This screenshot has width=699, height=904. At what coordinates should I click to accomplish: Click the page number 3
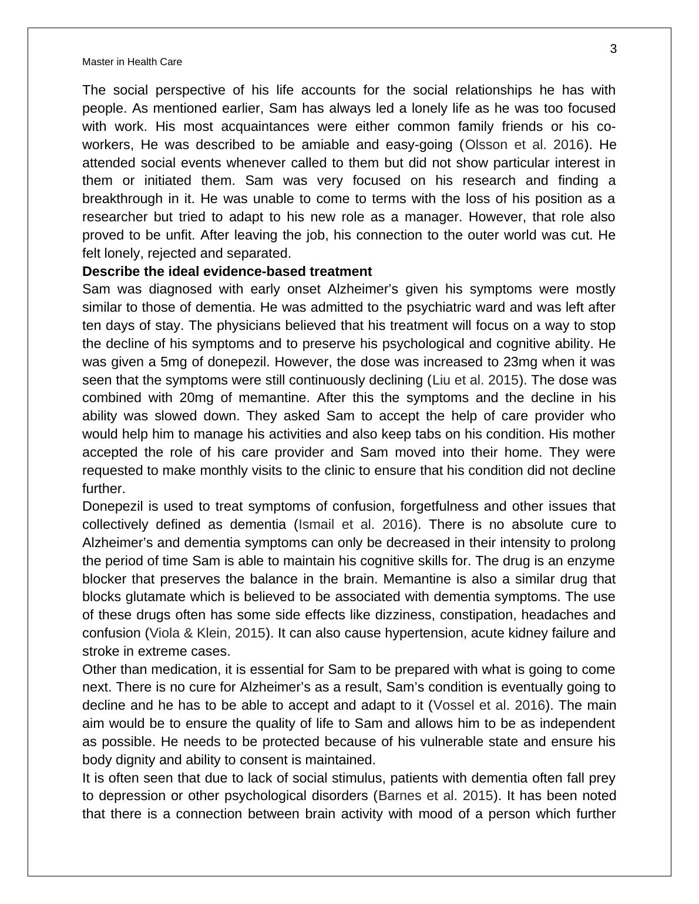click(x=613, y=49)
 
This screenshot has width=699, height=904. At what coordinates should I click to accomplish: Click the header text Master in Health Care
click(x=132, y=62)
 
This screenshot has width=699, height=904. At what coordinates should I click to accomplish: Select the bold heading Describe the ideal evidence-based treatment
click(x=227, y=272)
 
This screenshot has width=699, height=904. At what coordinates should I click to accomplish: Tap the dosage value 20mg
click(x=194, y=398)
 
